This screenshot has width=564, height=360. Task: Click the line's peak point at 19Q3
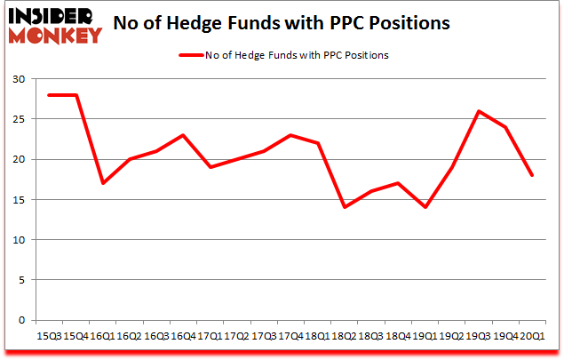[x=480, y=111]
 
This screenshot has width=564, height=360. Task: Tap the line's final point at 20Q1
[x=531, y=175]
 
